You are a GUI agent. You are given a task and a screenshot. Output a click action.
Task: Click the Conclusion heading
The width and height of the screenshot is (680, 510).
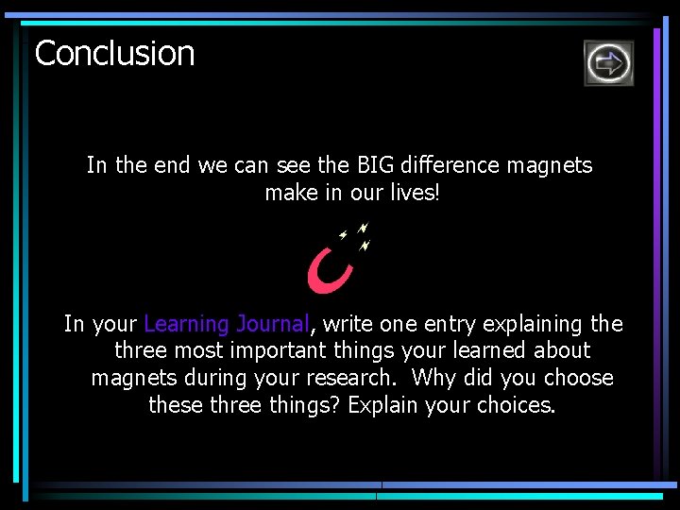tap(114, 53)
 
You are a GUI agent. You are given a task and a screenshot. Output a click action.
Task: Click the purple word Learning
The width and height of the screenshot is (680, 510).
tap(186, 324)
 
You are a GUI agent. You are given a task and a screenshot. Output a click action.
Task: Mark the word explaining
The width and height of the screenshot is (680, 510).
tap(534, 324)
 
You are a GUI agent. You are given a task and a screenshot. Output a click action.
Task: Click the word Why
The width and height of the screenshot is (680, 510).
tap(433, 378)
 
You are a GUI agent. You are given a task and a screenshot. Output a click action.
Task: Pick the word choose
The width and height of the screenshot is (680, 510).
tap(578, 378)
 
